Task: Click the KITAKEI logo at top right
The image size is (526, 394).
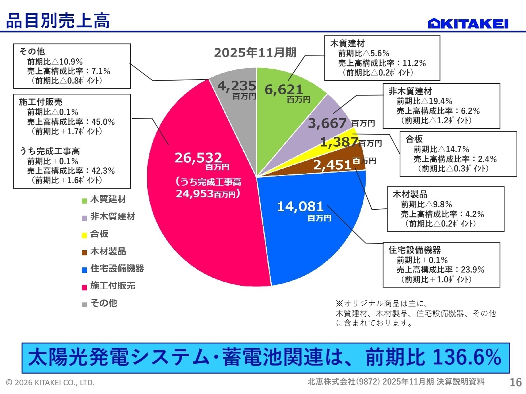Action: pos(468,23)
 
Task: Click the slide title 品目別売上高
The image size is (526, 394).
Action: pos(58,21)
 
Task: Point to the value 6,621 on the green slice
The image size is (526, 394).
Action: pos(284,89)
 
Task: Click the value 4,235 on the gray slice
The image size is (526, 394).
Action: pos(236,86)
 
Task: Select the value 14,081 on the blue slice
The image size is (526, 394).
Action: pos(300,206)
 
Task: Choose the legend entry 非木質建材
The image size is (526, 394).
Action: pos(113,217)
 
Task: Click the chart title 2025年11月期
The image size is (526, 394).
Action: pos(255,53)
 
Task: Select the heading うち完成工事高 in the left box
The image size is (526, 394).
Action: pos(50,151)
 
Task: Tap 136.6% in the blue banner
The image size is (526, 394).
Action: pos(467,358)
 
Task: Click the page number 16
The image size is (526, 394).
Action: pos(515,382)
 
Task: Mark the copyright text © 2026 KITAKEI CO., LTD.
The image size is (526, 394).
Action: pos(50,382)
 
